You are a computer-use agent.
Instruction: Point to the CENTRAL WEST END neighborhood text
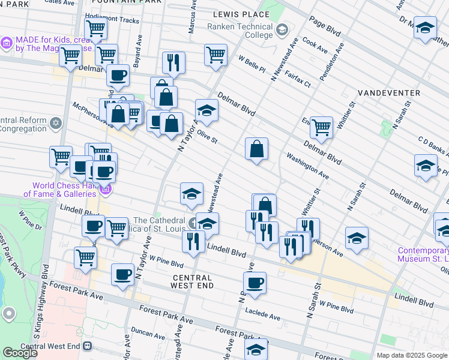[x=192, y=281]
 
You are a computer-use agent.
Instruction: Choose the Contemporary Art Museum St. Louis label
[x=423, y=254]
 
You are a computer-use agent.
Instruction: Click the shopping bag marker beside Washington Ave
[x=256, y=150]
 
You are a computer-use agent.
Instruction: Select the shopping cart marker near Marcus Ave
[x=215, y=55]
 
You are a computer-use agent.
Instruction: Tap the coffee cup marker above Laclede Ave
[x=255, y=283]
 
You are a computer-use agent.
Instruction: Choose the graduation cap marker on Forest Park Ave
[x=256, y=350]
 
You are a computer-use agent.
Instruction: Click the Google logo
[x=20, y=353]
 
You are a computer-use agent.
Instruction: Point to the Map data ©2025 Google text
[x=411, y=355]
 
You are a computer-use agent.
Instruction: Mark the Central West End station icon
[x=87, y=346]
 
